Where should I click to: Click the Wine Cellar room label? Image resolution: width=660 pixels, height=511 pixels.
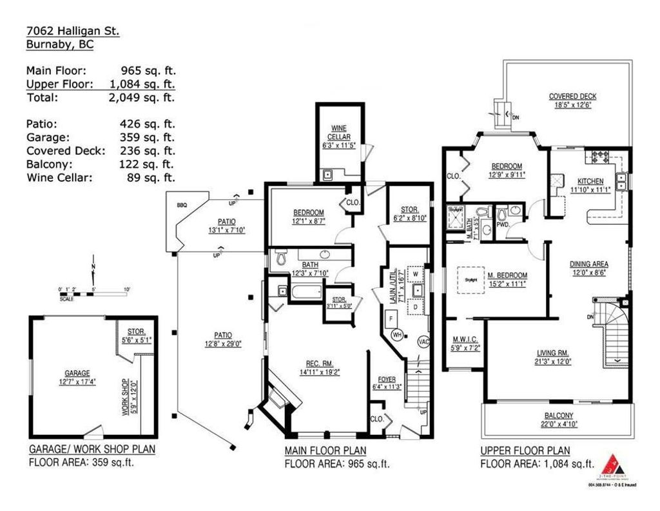point(339,133)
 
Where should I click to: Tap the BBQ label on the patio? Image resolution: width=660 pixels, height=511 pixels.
point(181,206)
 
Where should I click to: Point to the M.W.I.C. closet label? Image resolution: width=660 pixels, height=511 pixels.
point(463,340)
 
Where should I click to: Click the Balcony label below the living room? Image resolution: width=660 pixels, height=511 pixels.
point(558,416)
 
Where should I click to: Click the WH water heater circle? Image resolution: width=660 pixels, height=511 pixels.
point(398,335)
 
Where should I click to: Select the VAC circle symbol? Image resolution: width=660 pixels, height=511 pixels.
point(423,341)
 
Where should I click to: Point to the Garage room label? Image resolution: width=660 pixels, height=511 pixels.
point(77,373)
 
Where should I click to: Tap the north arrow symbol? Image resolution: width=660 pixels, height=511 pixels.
point(93,274)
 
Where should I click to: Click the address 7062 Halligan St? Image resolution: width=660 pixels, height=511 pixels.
point(72,31)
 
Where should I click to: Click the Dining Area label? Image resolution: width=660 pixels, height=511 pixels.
point(588,264)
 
